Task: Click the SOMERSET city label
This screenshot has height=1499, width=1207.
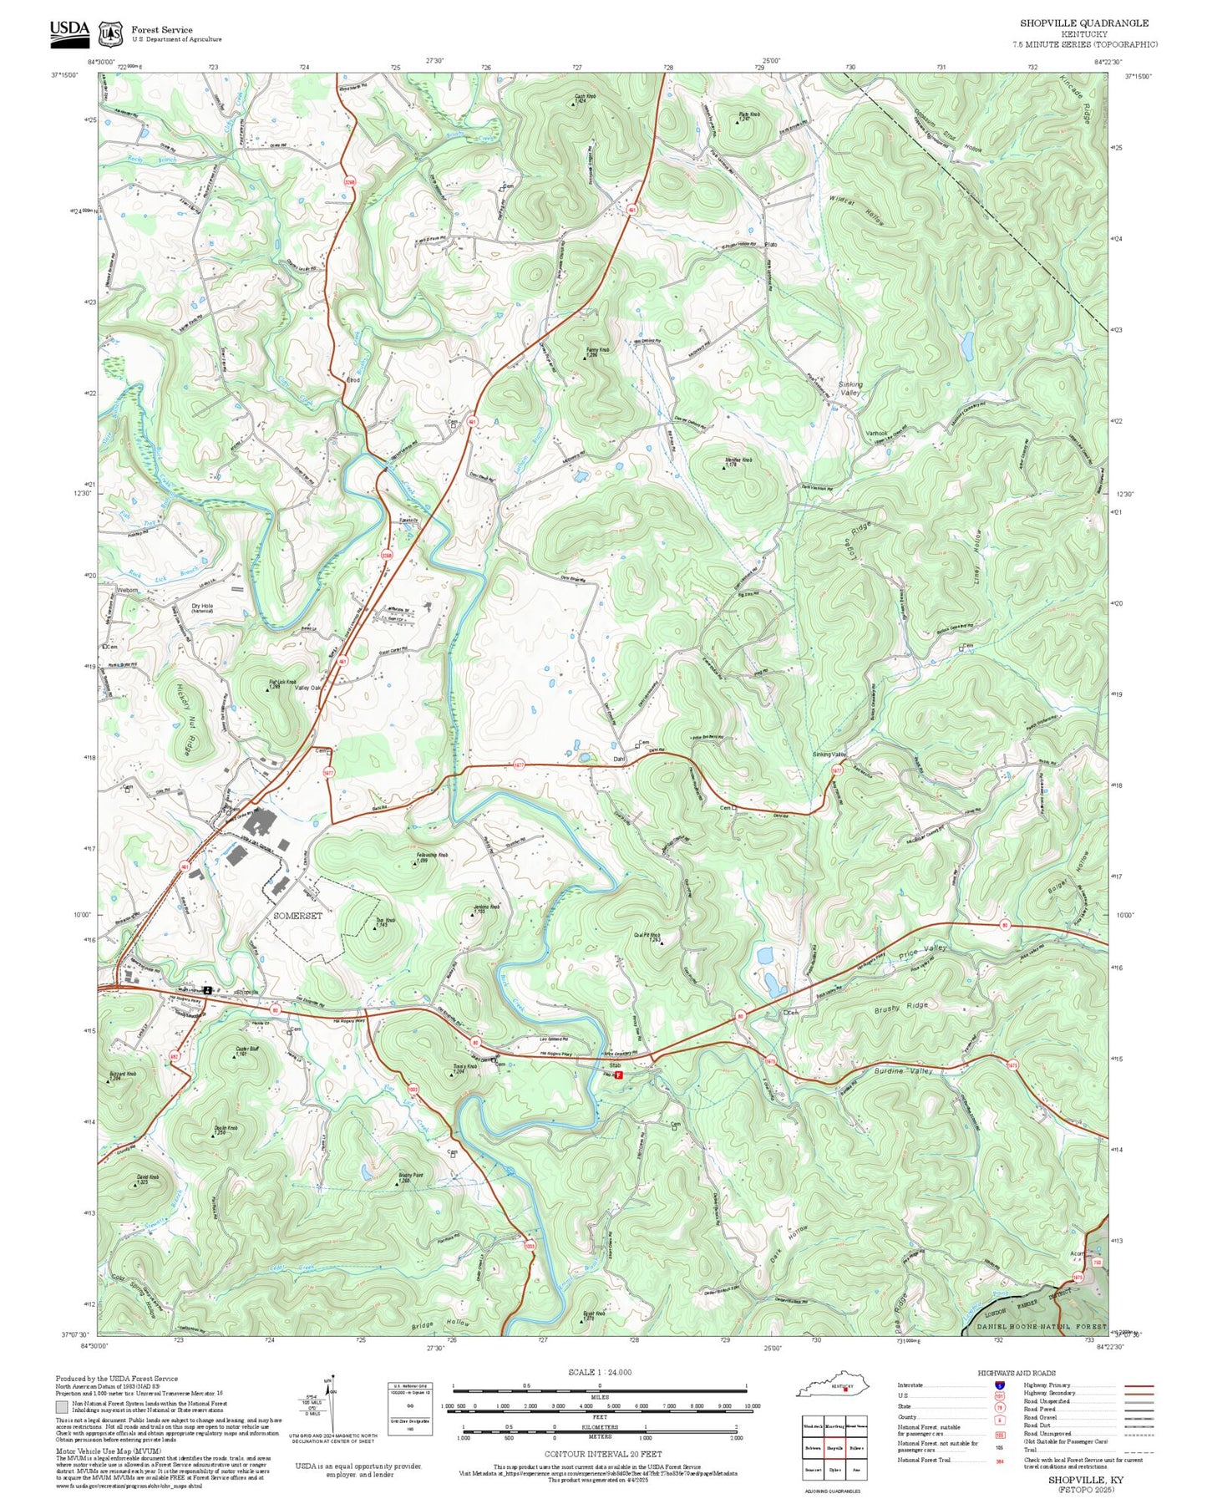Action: (x=298, y=916)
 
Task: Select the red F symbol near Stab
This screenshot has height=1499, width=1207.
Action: (x=619, y=1075)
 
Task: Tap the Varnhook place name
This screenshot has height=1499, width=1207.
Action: (x=876, y=433)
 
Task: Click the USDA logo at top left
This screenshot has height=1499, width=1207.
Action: (x=69, y=31)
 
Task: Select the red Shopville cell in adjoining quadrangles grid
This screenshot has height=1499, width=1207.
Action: (x=835, y=1447)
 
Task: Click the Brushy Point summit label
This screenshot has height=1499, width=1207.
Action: (x=409, y=1176)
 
